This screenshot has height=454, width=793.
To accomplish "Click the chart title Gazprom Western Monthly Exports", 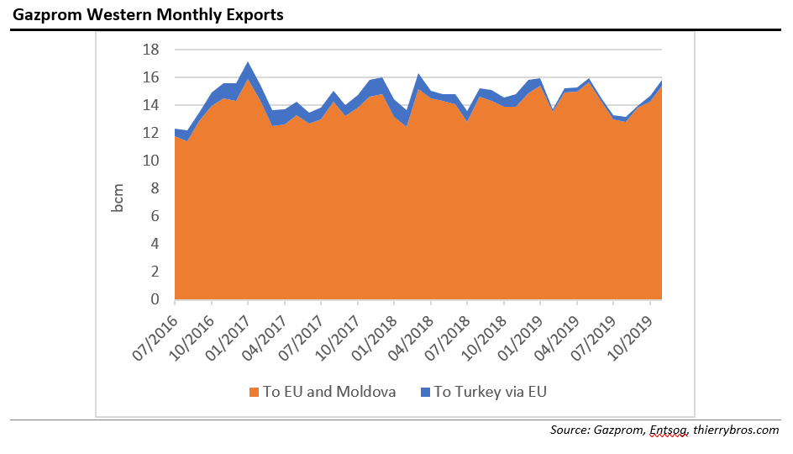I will coord(148,15).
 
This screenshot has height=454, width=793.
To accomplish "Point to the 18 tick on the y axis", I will coord(151,50).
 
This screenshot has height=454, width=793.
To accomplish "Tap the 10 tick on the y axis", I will coord(151,161).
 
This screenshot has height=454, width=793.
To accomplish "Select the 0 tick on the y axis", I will coord(155,299).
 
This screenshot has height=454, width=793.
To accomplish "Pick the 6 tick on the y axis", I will coord(155,216).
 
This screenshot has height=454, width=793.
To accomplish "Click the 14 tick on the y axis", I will coord(151,105).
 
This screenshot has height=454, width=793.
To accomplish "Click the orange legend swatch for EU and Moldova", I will coord(254,392).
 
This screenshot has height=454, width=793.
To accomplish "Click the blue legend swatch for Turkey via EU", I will coord(424,392).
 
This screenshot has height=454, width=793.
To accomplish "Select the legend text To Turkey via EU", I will coord(490,392).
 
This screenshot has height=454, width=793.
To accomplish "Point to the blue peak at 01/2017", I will coord(248,64).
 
